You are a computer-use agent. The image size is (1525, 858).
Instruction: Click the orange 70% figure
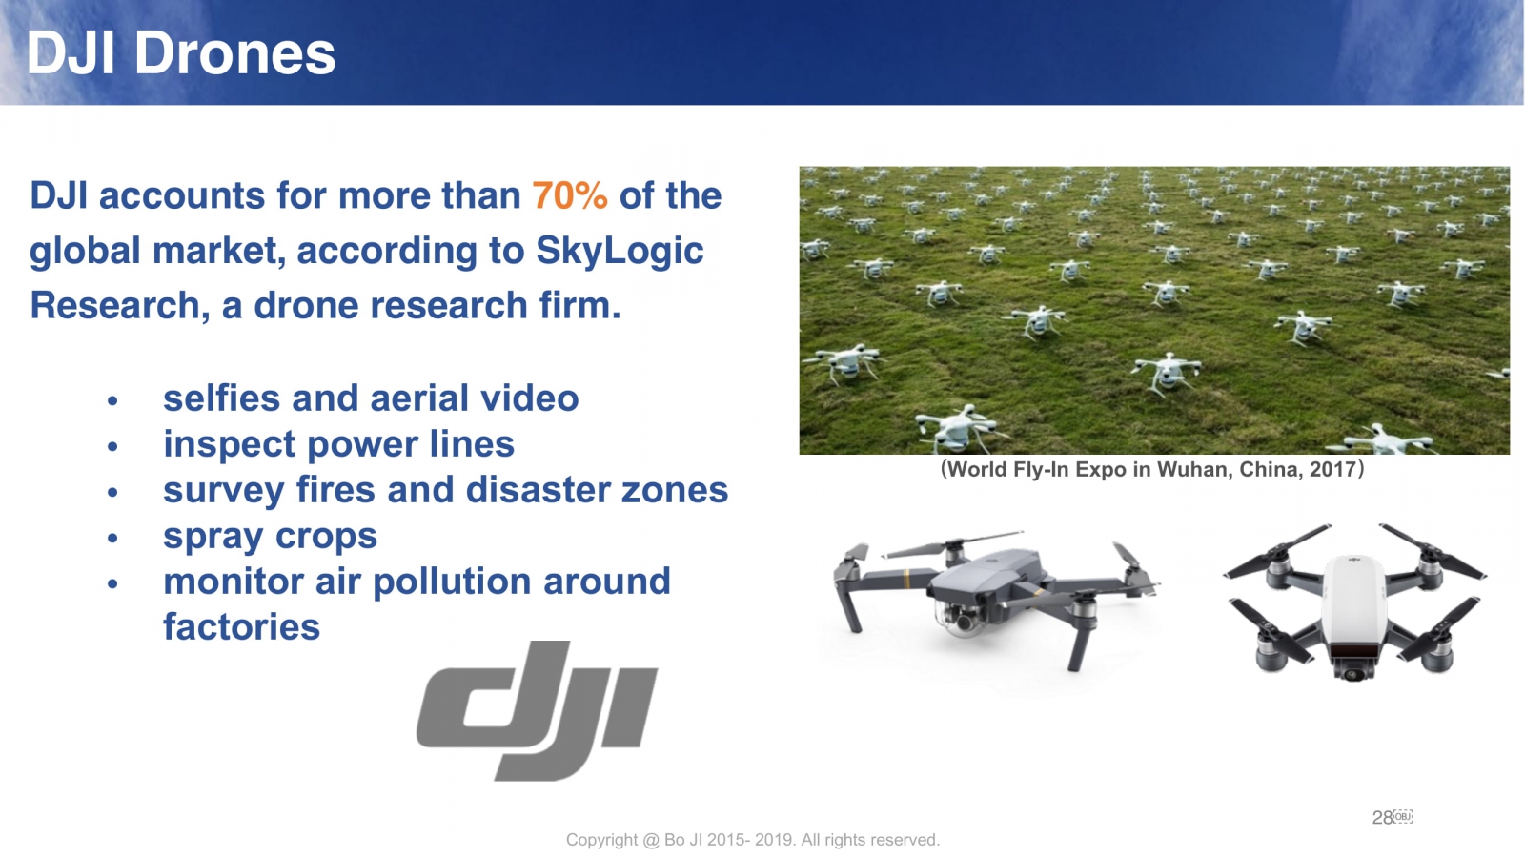point(569,195)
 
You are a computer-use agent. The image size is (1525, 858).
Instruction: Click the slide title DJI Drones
point(181,53)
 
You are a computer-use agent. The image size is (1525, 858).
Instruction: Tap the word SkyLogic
point(620,252)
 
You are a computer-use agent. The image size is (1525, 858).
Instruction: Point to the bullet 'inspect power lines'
point(338,445)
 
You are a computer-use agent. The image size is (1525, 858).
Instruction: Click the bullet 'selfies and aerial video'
point(371,398)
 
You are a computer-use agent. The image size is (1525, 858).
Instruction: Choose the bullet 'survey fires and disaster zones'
point(445,490)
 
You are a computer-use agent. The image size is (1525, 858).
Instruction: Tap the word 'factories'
point(241,627)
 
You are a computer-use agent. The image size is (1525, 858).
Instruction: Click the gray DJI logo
point(538,710)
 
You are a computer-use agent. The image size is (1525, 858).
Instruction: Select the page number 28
point(1382,818)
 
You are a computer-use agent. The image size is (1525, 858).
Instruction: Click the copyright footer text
point(753,840)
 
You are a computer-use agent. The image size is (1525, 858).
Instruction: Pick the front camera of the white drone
point(1352,671)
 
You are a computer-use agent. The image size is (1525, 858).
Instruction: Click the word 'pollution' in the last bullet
point(452,582)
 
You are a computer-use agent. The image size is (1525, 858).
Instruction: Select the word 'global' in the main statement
point(85,252)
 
